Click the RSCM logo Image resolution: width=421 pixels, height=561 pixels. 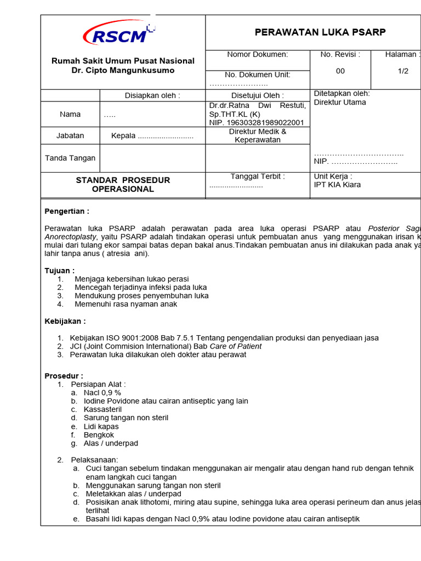tap(118, 35)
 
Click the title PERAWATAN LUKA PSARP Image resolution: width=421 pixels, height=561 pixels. tap(320, 32)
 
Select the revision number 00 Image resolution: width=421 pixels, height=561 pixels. tap(340, 71)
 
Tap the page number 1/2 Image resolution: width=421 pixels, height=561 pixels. tap(403, 71)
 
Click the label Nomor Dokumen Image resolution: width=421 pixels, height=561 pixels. tap(257, 54)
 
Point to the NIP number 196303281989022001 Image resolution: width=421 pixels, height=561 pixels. tap(257, 123)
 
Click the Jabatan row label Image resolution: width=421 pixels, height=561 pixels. tap(70, 135)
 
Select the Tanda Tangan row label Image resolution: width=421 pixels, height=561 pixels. tap(70, 158)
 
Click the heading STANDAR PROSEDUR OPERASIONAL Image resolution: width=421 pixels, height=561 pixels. tap(123, 185)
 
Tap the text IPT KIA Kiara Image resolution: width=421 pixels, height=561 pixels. tap(337, 185)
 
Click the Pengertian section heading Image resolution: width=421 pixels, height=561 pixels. tap(66, 211)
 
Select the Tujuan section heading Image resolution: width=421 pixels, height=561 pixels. tap(59, 271)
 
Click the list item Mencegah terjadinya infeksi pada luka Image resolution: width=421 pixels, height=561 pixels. tap(140, 287)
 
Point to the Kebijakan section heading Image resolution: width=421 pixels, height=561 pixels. tap(65, 321)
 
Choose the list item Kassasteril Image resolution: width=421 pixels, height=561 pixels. tap(103, 409)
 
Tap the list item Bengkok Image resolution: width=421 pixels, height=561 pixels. tap(99, 435)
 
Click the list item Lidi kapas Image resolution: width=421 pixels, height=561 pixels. tap(101, 426)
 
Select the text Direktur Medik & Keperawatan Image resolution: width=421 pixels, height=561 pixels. tap(257, 135)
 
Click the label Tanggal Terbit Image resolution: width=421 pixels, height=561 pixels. tap(257, 176)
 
